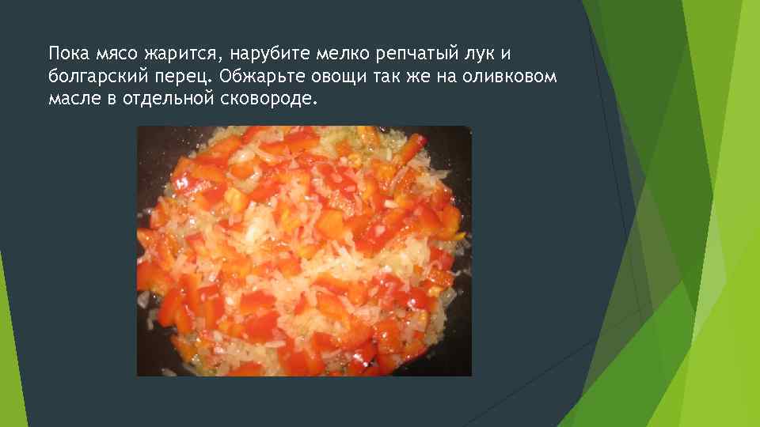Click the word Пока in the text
(x=67, y=55)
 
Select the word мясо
(x=117, y=55)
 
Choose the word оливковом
(x=511, y=77)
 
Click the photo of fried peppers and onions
(x=304, y=251)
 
